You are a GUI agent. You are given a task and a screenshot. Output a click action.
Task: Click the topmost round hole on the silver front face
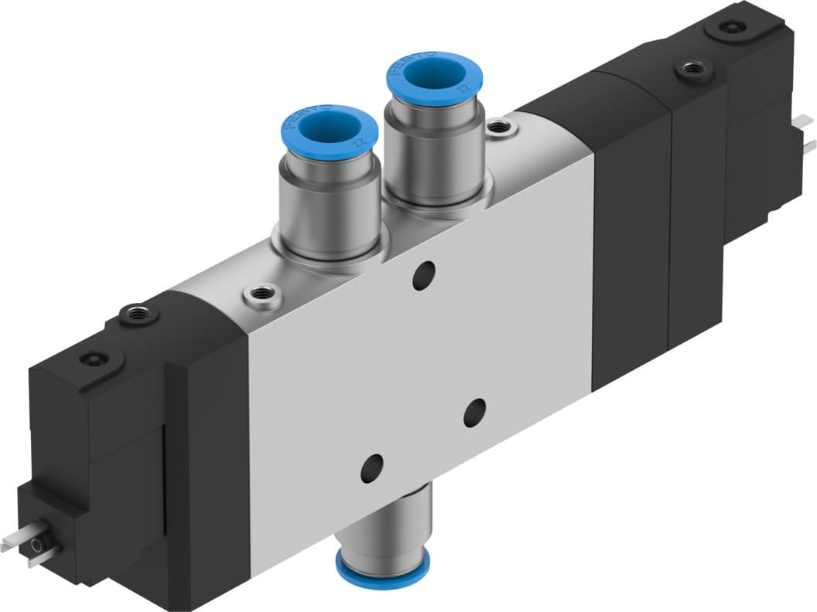point(422,276)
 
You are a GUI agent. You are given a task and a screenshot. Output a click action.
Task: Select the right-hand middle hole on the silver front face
point(474,412)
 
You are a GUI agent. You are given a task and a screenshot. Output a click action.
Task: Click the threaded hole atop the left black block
point(140,315)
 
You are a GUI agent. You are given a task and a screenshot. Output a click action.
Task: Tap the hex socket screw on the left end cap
point(92,360)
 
